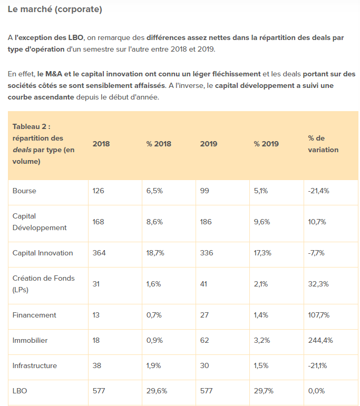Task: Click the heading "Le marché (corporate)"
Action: [x=55, y=9]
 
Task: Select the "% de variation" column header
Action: [x=323, y=144]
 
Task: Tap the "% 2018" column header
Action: [x=159, y=144]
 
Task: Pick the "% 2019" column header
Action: [x=266, y=144]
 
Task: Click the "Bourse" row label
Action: [x=24, y=191]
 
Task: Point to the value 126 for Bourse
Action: [x=98, y=191]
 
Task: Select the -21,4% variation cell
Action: [x=318, y=191]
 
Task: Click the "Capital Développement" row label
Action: [x=40, y=222]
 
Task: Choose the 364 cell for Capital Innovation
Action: [x=99, y=253]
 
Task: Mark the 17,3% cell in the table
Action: [x=262, y=253]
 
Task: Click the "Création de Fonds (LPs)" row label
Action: [x=43, y=284]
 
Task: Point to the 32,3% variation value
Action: [x=318, y=284]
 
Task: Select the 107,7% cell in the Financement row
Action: [x=319, y=315]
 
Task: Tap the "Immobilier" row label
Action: [x=30, y=340]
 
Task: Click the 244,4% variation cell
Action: [x=320, y=340]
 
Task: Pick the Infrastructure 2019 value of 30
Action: [x=205, y=365]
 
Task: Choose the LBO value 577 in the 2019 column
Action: [x=207, y=391]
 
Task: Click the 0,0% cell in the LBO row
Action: [x=316, y=391]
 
